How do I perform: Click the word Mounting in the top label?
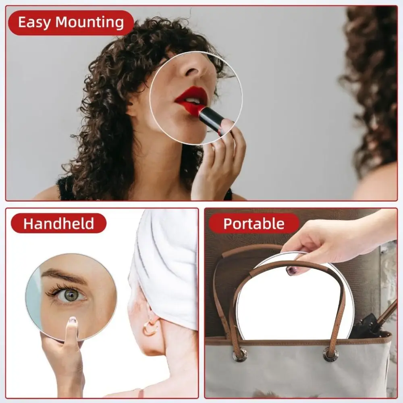pyautogui.click(x=89, y=23)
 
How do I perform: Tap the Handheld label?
pyautogui.click(x=58, y=223)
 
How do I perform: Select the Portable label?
pyautogui.click(x=253, y=223)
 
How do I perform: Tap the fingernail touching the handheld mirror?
pyautogui.click(x=73, y=320)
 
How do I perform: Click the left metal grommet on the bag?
pyautogui.click(x=240, y=355)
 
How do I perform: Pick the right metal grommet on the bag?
pyautogui.click(x=330, y=354)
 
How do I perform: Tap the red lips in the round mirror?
pyautogui.click(x=191, y=97)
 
